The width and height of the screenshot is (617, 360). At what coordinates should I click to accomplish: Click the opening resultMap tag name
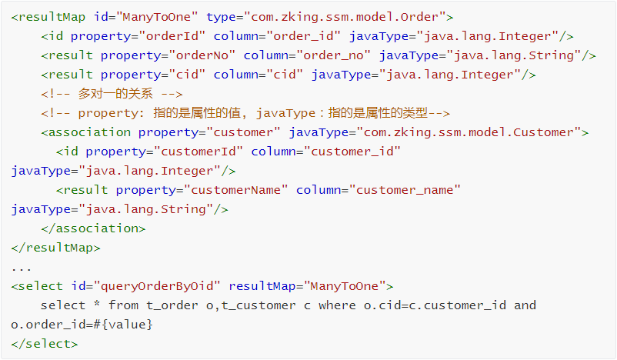pyautogui.click(x=52, y=17)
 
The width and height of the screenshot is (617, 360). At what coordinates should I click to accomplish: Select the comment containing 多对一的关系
pyautogui.click(x=112, y=94)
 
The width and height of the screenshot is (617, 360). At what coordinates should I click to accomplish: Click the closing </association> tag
pyautogui.click(x=93, y=228)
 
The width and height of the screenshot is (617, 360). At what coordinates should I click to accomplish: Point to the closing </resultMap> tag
pyautogui.click(x=55, y=248)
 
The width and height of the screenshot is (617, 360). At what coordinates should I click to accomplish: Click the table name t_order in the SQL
pyautogui.click(x=176, y=305)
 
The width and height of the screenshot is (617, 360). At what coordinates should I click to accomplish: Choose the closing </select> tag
pyautogui.click(x=45, y=344)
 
